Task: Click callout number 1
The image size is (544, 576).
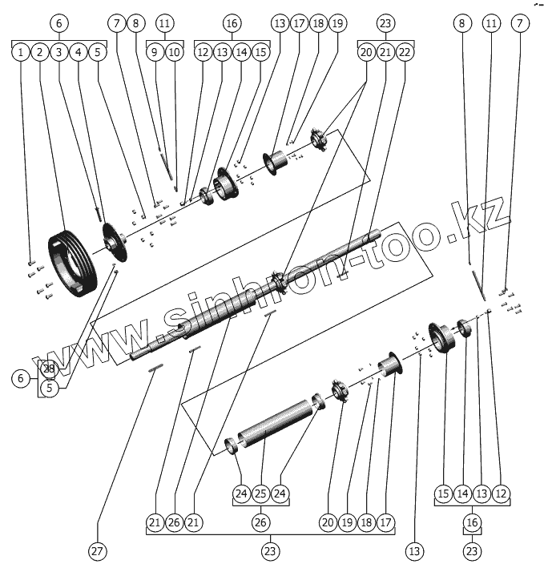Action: point(20,53)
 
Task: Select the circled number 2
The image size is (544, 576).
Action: point(39,53)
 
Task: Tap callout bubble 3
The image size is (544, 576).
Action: point(58,53)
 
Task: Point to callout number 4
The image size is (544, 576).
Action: point(78,53)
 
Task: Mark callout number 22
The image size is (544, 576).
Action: point(405,53)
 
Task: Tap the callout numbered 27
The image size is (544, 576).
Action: point(98,551)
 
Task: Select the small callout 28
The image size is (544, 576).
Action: point(49,369)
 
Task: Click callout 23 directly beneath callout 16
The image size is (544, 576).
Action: point(473,551)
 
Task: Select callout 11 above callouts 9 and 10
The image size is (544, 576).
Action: point(165,24)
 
